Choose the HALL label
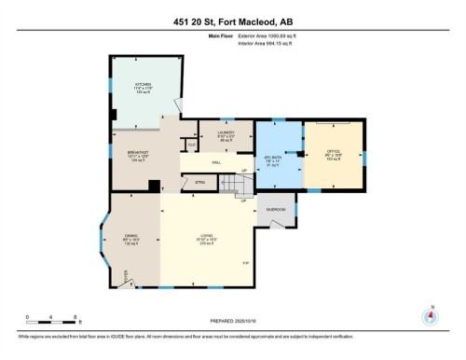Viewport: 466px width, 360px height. coord(215,162)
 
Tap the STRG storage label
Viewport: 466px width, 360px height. coord(199,182)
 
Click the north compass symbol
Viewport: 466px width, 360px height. coord(430,315)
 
